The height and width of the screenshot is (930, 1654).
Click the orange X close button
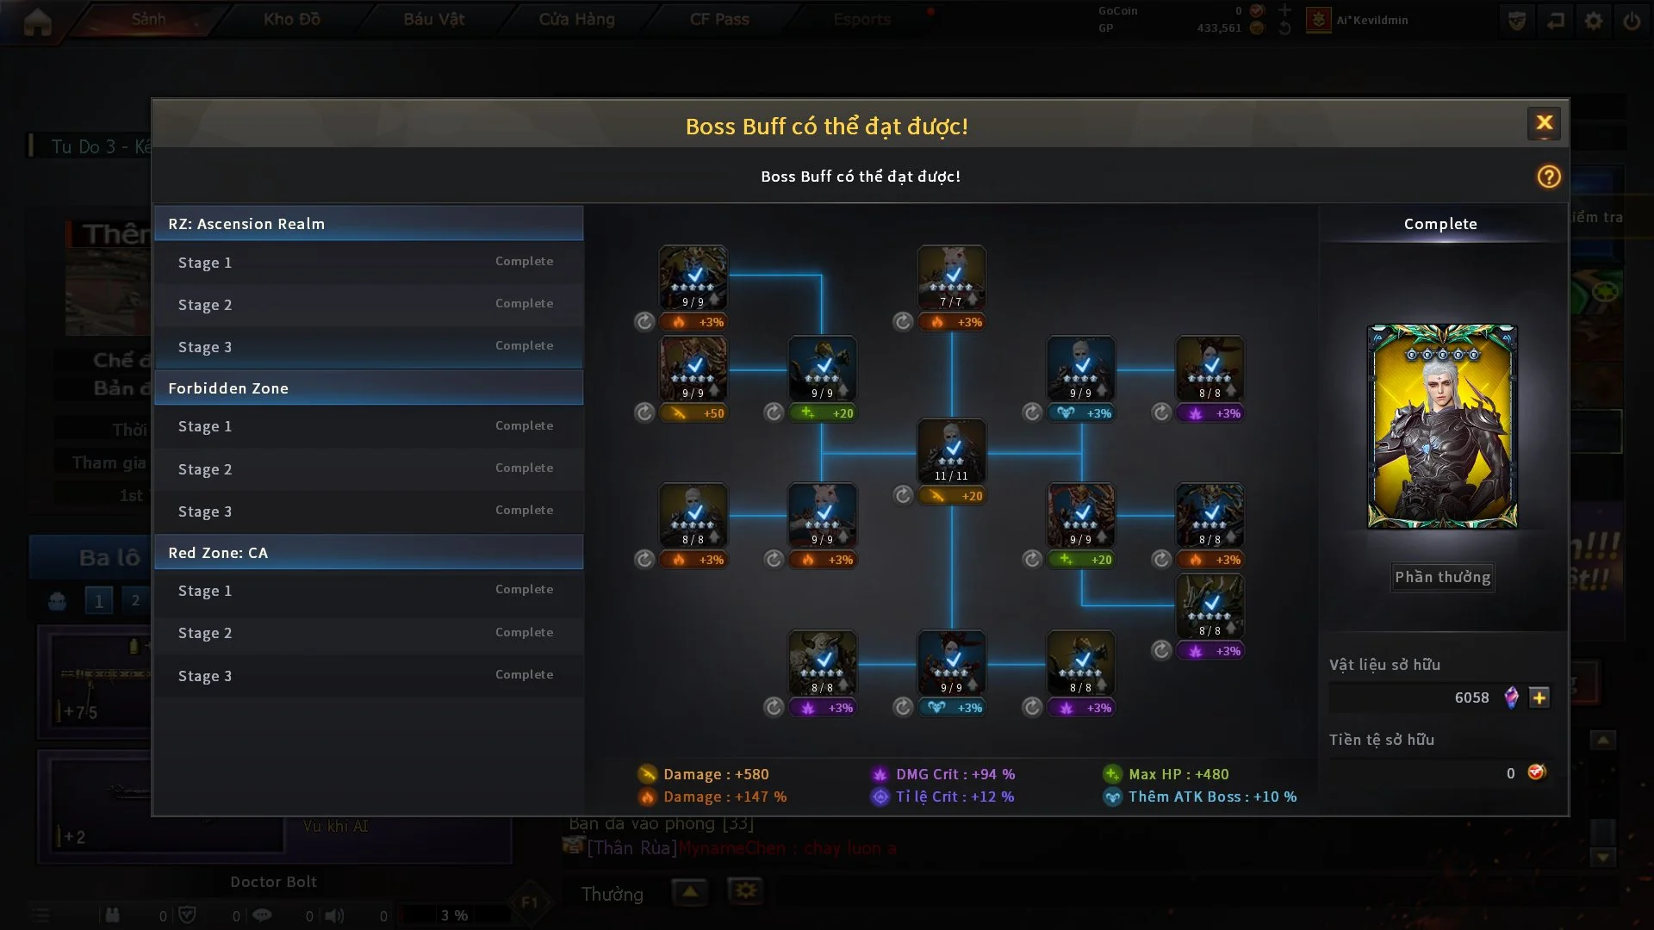pyautogui.click(x=1544, y=123)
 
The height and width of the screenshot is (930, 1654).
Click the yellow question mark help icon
pyautogui.click(x=1548, y=177)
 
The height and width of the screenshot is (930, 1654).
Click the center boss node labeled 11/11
pyautogui.click(x=951, y=450)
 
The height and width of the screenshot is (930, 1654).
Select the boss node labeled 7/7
pyautogui.click(x=951, y=276)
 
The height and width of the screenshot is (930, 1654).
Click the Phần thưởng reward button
pyautogui.click(x=1442, y=577)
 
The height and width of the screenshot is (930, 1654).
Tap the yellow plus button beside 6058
pyautogui.click(x=1539, y=697)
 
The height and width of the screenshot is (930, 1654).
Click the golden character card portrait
pyautogui.click(x=1441, y=426)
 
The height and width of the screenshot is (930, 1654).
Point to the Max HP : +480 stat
pyautogui.click(x=1178, y=774)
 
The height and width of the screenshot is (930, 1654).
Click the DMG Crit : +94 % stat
pyautogui.click(x=954, y=774)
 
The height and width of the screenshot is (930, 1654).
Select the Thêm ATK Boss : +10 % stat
pyautogui.click(x=1211, y=797)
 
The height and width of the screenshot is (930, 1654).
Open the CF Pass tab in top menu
pyautogui.click(x=719, y=19)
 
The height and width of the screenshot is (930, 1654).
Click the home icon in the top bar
pyautogui.click(x=37, y=21)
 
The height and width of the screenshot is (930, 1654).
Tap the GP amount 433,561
pyautogui.click(x=1218, y=28)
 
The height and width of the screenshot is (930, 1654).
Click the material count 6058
pyautogui.click(x=1471, y=697)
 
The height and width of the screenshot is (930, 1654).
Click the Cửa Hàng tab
pyautogui.click(x=576, y=19)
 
